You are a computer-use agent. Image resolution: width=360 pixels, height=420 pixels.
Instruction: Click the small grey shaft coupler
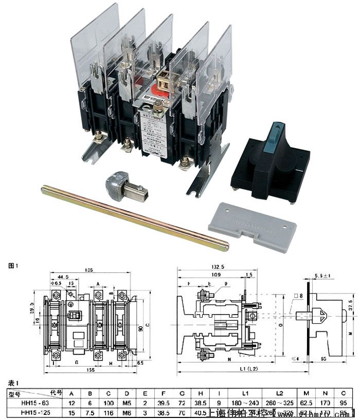pyautogui.click(x=124, y=187)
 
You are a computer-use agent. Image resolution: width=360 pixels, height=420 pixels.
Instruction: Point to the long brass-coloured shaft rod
pyautogui.click(x=134, y=217)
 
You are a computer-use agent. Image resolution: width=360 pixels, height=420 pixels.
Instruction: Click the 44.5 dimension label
pyautogui.click(x=62, y=277)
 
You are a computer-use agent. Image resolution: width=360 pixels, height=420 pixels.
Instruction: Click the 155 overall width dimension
pyautogui.click(x=91, y=369)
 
